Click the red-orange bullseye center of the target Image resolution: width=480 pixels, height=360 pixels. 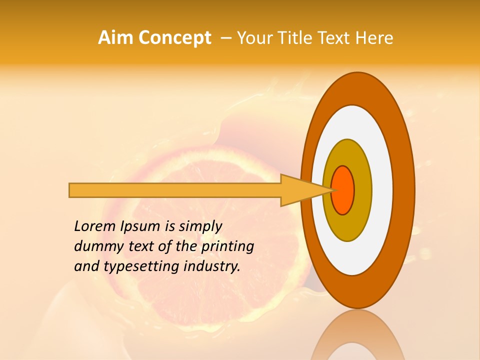(343, 190)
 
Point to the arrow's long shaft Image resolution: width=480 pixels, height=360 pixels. (175, 190)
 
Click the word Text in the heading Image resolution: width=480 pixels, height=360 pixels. (339, 38)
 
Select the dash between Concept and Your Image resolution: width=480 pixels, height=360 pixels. (225, 38)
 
